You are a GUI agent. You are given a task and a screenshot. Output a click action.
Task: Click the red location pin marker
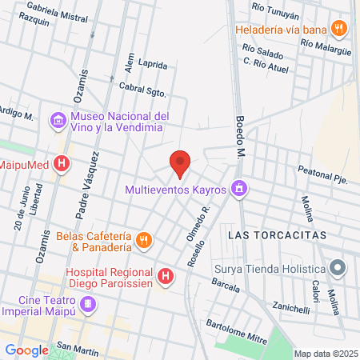180,164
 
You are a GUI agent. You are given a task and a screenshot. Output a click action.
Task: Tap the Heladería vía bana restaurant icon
340,29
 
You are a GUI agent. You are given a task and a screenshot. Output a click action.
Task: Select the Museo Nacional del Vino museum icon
58,121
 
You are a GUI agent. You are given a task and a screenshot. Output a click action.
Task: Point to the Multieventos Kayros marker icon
238,190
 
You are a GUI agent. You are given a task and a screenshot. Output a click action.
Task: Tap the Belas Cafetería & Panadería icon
143,238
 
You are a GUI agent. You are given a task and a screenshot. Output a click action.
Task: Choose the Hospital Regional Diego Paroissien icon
165,277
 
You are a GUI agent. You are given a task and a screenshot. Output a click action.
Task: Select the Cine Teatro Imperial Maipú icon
88,305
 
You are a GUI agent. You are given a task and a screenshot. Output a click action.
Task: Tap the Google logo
27,350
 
